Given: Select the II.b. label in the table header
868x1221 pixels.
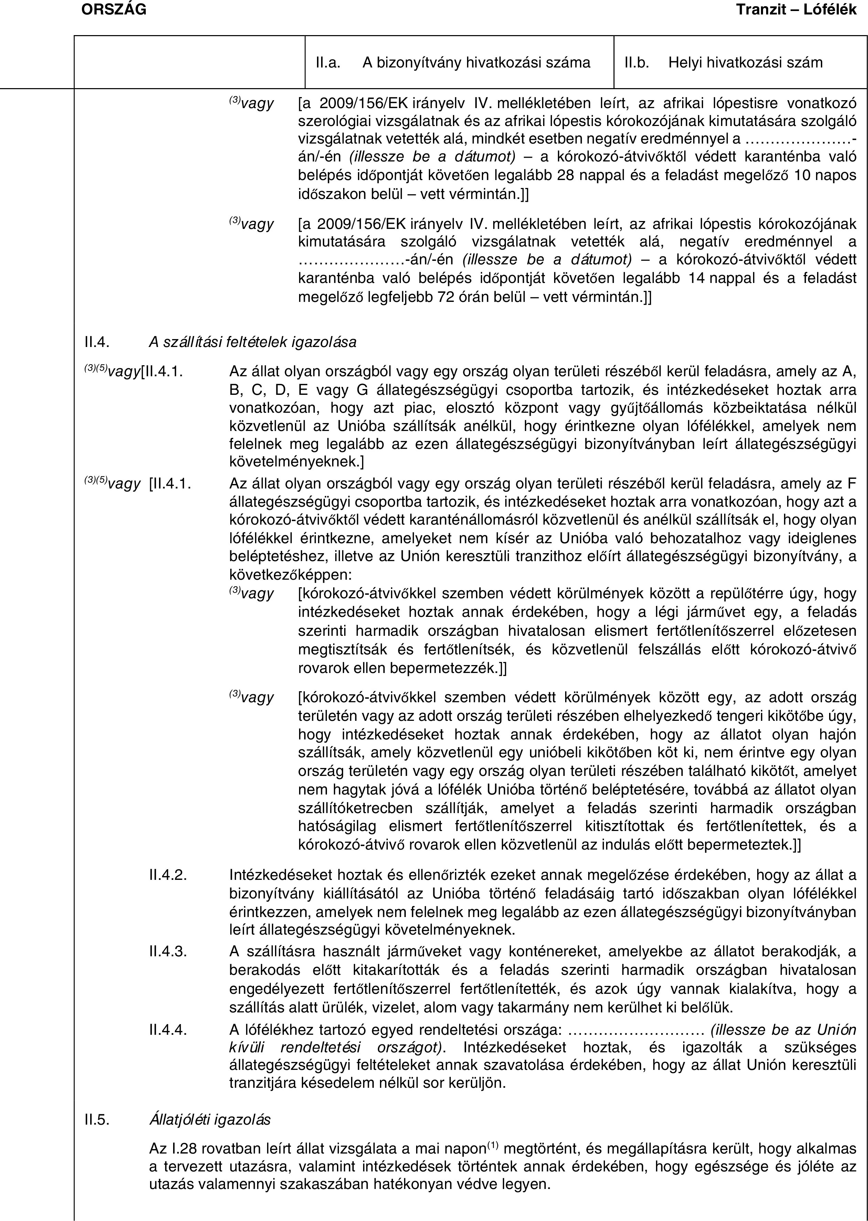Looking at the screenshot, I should click(x=637, y=63).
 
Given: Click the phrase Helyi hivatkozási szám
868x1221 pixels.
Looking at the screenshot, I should click(x=745, y=63).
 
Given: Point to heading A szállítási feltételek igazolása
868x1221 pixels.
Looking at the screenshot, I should click(x=252, y=341).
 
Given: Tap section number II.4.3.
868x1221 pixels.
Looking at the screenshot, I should click(x=168, y=951).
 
